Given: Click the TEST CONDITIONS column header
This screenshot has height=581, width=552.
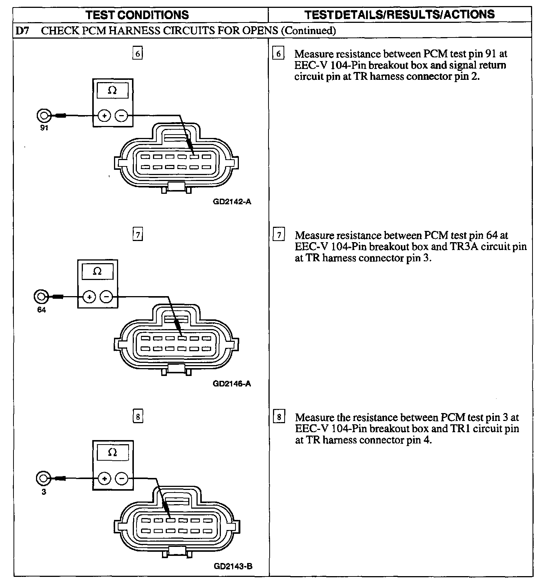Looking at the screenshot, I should [x=137, y=15].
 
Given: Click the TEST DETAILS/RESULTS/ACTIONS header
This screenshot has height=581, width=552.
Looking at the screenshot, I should [x=399, y=15].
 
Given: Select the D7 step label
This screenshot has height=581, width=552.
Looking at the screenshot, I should [x=22, y=31].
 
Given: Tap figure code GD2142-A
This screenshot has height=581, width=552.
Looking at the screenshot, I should [x=232, y=202].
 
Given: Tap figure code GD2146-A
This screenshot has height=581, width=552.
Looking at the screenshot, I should [x=232, y=383].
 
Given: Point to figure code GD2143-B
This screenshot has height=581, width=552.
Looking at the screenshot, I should [x=233, y=566].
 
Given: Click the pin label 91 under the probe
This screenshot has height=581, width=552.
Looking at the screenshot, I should [x=44, y=128].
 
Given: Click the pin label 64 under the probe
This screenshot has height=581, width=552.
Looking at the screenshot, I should [x=41, y=310].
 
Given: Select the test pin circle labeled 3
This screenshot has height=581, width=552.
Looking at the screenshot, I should [x=43, y=478].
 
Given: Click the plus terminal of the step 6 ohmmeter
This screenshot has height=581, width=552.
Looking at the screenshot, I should [x=104, y=116].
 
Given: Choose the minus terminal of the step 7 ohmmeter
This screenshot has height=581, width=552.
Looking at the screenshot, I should [x=106, y=297].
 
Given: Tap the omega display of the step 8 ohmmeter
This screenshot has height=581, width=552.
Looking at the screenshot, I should [x=112, y=452].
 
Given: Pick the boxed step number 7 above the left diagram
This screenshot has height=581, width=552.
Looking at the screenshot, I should [x=138, y=235].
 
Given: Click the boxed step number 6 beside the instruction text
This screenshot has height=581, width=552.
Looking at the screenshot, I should [x=278, y=54].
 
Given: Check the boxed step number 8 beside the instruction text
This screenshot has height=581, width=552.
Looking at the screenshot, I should [x=278, y=417].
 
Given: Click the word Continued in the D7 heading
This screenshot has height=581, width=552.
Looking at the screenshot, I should [x=308, y=31].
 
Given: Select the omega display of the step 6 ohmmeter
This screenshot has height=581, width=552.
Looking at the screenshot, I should [x=112, y=90].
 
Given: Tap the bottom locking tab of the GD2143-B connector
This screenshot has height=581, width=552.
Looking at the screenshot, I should [x=177, y=551].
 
